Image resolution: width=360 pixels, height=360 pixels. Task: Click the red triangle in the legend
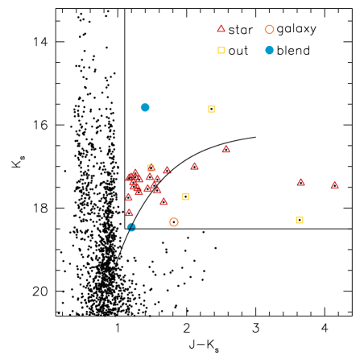point(221,28)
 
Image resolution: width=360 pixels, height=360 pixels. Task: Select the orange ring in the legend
point(269,30)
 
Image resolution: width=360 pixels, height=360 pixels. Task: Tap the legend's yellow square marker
point(221,50)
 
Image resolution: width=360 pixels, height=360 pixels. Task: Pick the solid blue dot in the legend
point(269,50)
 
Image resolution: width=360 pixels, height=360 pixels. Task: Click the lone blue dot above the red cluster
point(145,107)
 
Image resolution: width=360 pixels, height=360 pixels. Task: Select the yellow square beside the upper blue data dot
point(211,109)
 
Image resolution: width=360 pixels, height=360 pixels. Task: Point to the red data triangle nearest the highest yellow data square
point(226,149)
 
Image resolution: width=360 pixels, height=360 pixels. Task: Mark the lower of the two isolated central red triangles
point(194,166)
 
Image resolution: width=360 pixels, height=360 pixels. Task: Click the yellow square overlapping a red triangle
point(151,168)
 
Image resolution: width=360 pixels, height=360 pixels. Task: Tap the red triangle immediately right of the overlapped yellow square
point(167,170)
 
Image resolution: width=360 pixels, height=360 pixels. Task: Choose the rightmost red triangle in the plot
point(334,185)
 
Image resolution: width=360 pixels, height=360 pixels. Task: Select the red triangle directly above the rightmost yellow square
point(300,182)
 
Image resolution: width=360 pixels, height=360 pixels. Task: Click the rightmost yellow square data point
point(300,220)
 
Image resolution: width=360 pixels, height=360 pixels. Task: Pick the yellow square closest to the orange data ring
point(185,197)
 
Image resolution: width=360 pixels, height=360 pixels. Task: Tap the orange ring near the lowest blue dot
point(174,222)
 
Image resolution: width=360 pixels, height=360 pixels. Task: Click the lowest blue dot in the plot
point(131,227)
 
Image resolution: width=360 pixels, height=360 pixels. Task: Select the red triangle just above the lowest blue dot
point(129,213)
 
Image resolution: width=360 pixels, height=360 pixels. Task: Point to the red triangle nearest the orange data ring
point(163,201)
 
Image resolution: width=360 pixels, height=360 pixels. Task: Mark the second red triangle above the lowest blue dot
point(128,197)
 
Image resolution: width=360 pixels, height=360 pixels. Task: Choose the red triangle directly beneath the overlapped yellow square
point(150,177)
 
